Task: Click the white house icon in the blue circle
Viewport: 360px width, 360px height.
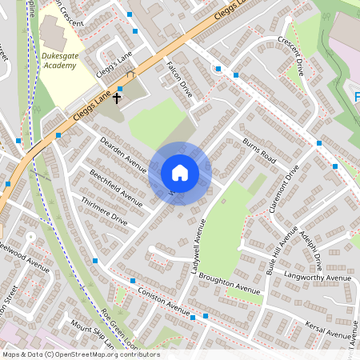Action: click(179, 173)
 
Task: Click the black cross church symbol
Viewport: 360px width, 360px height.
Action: click(117, 98)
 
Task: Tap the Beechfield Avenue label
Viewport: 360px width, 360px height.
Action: click(116, 188)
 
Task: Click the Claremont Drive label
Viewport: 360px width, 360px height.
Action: click(284, 190)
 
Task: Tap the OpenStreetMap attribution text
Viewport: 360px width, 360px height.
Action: click(80, 354)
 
